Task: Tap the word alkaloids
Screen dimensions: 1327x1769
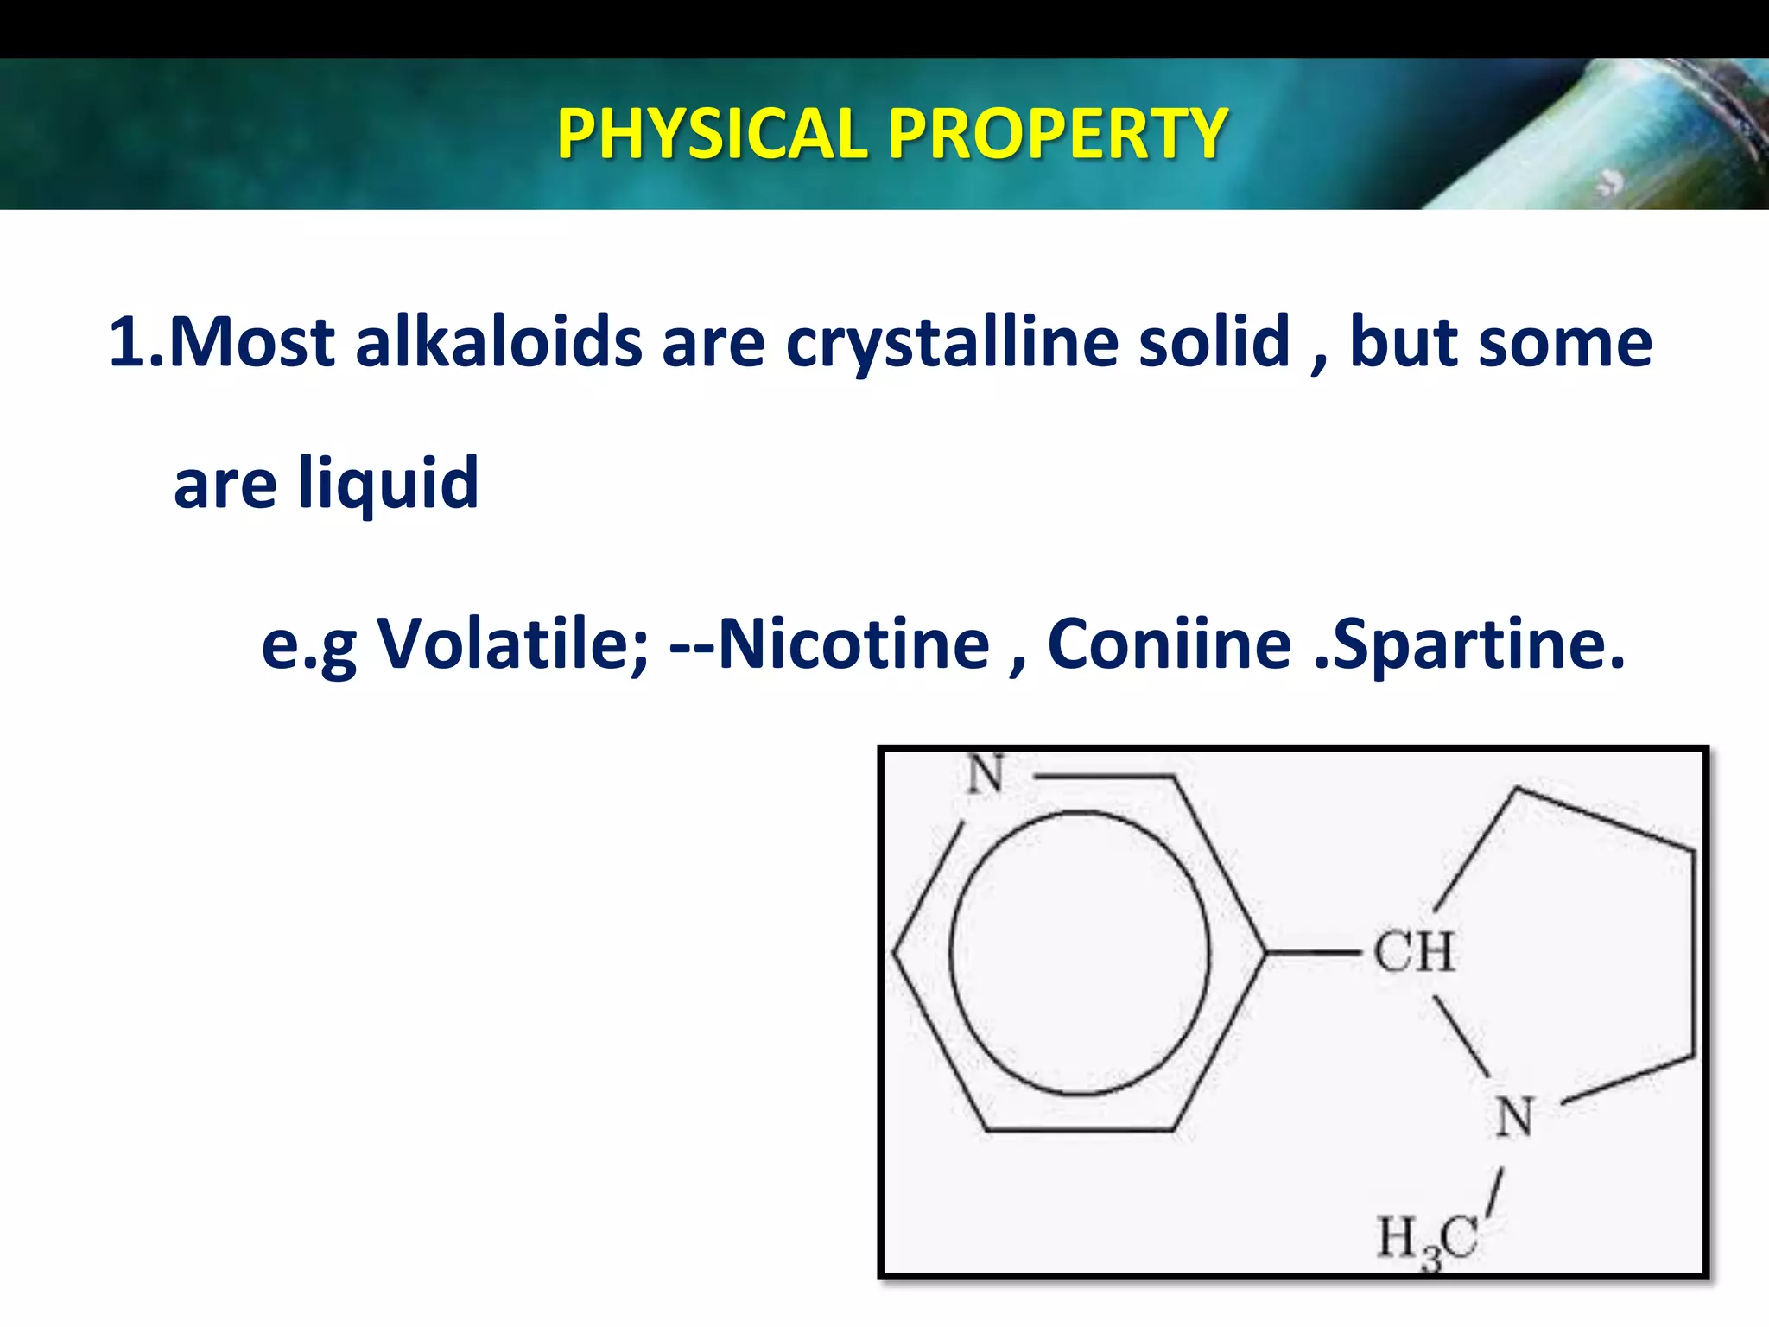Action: pyautogui.click(x=498, y=342)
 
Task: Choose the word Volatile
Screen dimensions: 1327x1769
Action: pyautogui.click(x=513, y=644)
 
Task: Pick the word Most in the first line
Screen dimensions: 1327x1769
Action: pyautogui.click(x=250, y=342)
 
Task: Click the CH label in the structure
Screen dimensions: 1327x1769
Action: pyautogui.click(x=1414, y=952)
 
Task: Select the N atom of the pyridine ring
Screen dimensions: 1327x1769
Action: pyautogui.click(x=985, y=774)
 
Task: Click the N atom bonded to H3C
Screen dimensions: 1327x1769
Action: pyautogui.click(x=1514, y=1117)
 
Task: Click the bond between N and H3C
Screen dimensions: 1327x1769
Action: pyautogui.click(x=1495, y=1194)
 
